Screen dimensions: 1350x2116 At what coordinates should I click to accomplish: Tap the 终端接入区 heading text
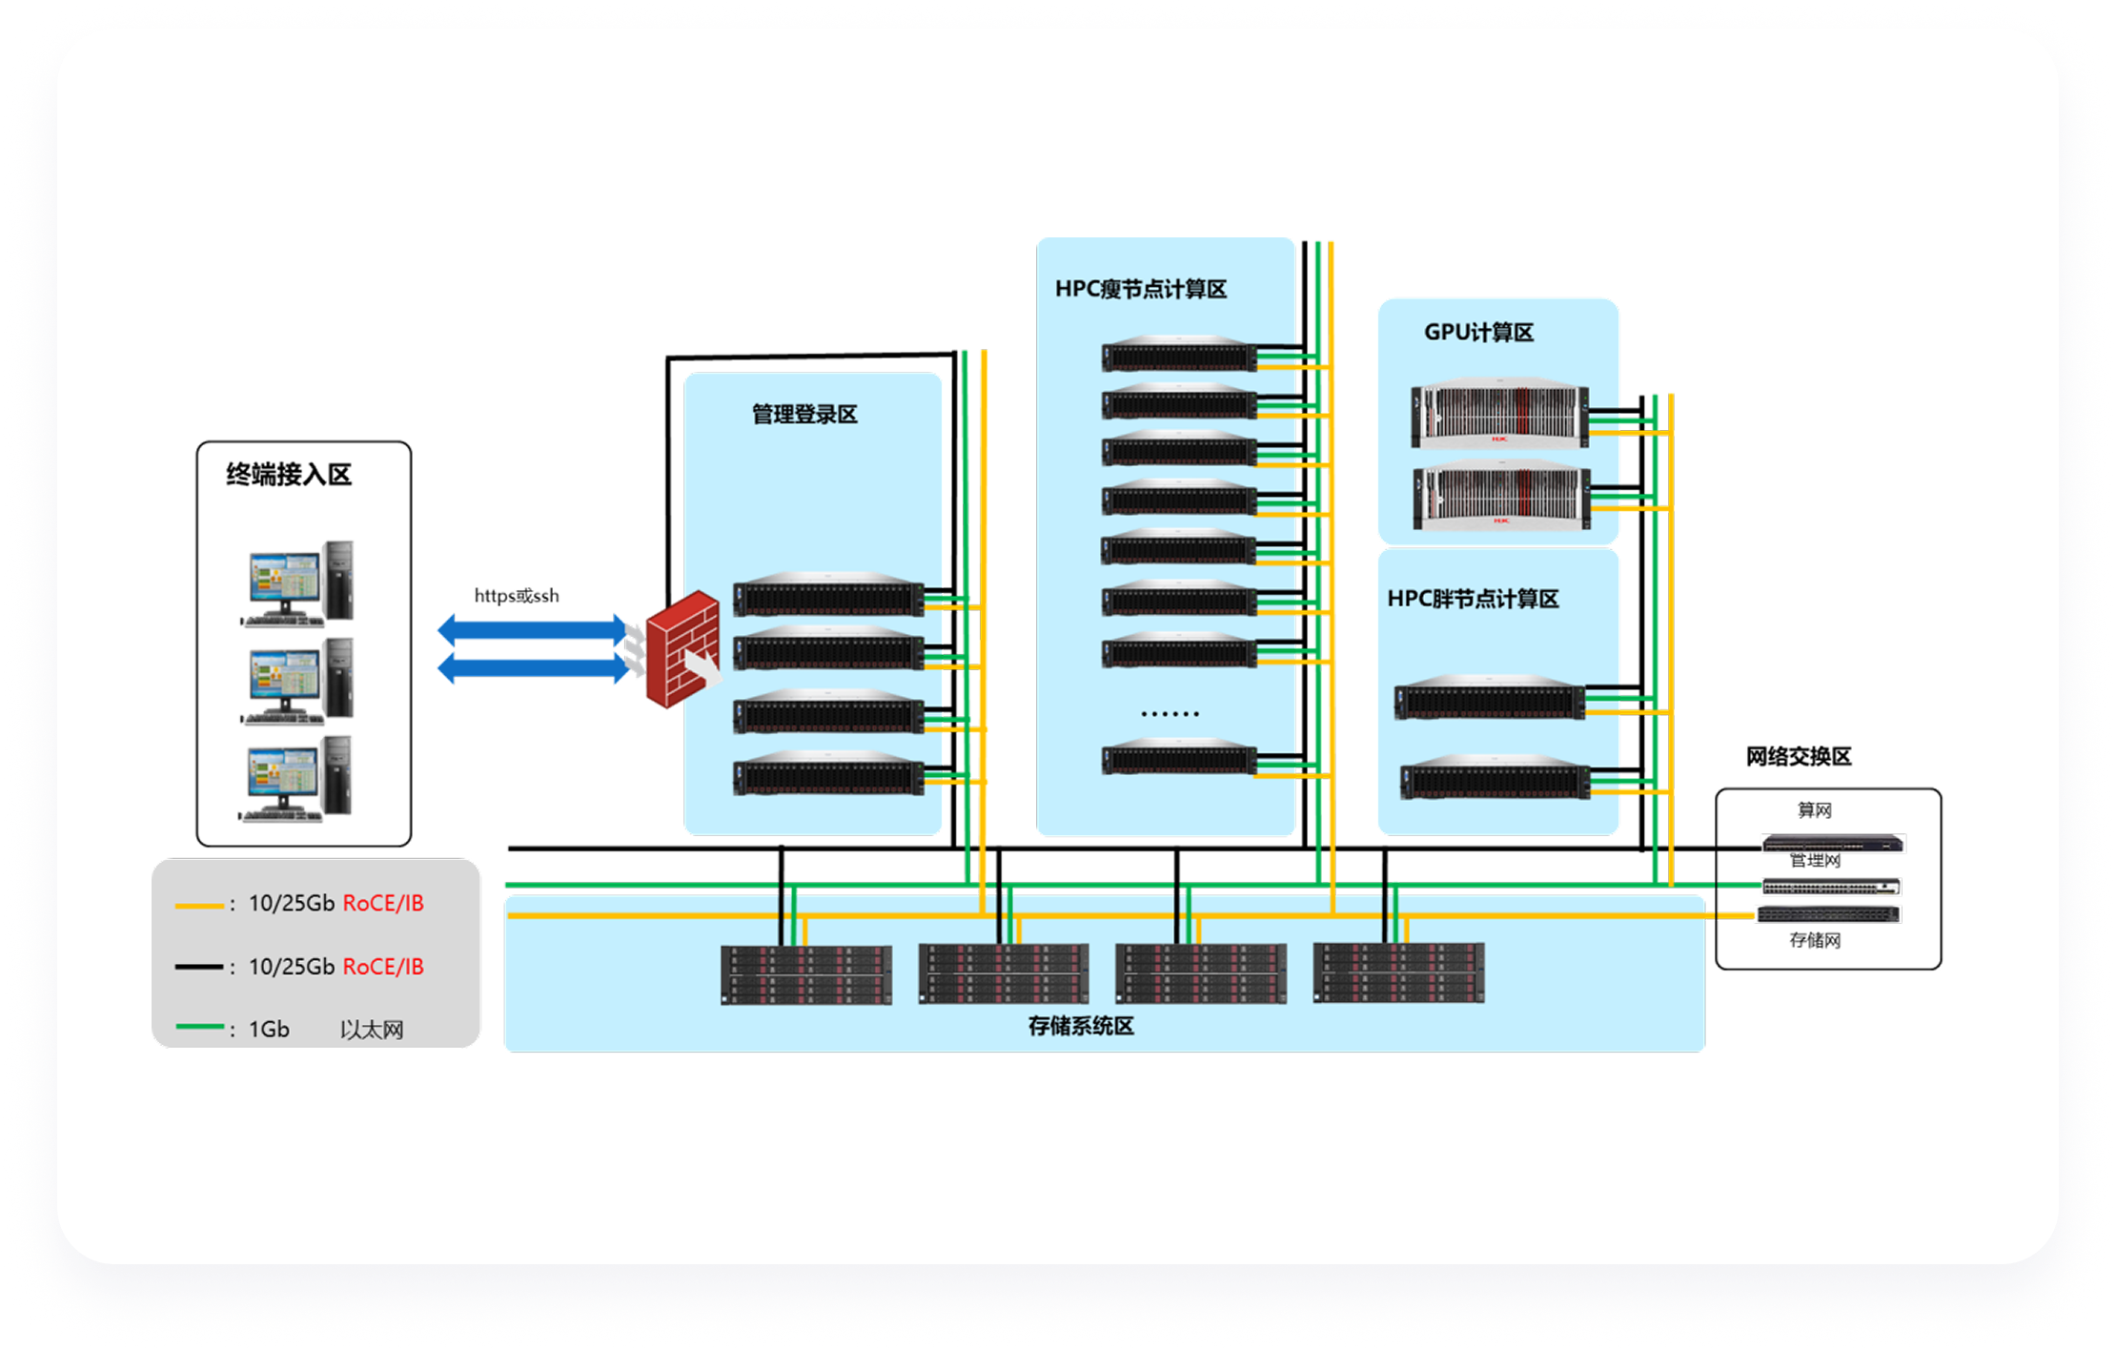(x=289, y=475)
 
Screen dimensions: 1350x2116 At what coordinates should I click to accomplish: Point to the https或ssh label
(x=517, y=596)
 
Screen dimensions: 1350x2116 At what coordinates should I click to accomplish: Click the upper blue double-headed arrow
(x=532, y=629)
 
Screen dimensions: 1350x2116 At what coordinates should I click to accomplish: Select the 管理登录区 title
(x=804, y=415)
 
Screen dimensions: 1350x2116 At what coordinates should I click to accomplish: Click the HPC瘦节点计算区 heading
(x=1140, y=289)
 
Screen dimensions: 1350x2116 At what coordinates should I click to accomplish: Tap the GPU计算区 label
(x=1478, y=333)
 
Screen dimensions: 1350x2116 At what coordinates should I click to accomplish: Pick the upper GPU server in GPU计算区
(x=1499, y=414)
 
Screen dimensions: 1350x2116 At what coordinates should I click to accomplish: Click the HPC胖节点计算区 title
(x=1473, y=599)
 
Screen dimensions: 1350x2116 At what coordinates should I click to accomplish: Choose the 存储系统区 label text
(x=1081, y=1026)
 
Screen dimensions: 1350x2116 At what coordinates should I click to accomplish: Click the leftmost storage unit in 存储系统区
(x=806, y=974)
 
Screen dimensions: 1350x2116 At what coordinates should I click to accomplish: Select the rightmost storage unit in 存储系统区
(x=1398, y=972)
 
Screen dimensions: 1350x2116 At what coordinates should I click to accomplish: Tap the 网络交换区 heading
(x=1798, y=757)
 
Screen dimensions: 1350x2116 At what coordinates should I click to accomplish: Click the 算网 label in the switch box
(x=1814, y=810)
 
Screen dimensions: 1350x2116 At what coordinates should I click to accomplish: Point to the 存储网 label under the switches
(x=1814, y=941)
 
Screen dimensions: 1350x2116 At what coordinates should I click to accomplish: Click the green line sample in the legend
(x=199, y=1027)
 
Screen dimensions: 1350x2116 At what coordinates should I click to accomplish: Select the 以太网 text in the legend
(x=372, y=1030)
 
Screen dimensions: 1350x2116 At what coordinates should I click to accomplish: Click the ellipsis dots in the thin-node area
(x=1170, y=713)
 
